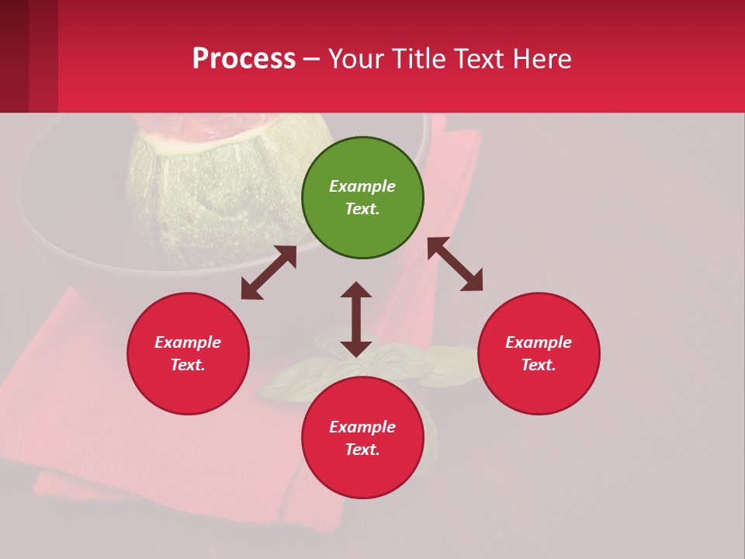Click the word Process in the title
pyautogui.click(x=244, y=58)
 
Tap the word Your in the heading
pyautogui.click(x=358, y=58)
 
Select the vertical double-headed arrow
pyautogui.click(x=356, y=319)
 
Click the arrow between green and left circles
pyautogui.click(x=269, y=273)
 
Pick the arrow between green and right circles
pyautogui.click(x=455, y=264)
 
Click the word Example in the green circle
pyautogui.click(x=362, y=186)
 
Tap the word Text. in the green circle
pyautogui.click(x=362, y=209)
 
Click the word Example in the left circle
pyautogui.click(x=188, y=342)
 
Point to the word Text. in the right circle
pyautogui.click(x=539, y=365)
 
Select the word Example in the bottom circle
pyautogui.click(x=362, y=427)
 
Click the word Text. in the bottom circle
pyautogui.click(x=362, y=450)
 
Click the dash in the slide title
pyautogui.click(x=312, y=59)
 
